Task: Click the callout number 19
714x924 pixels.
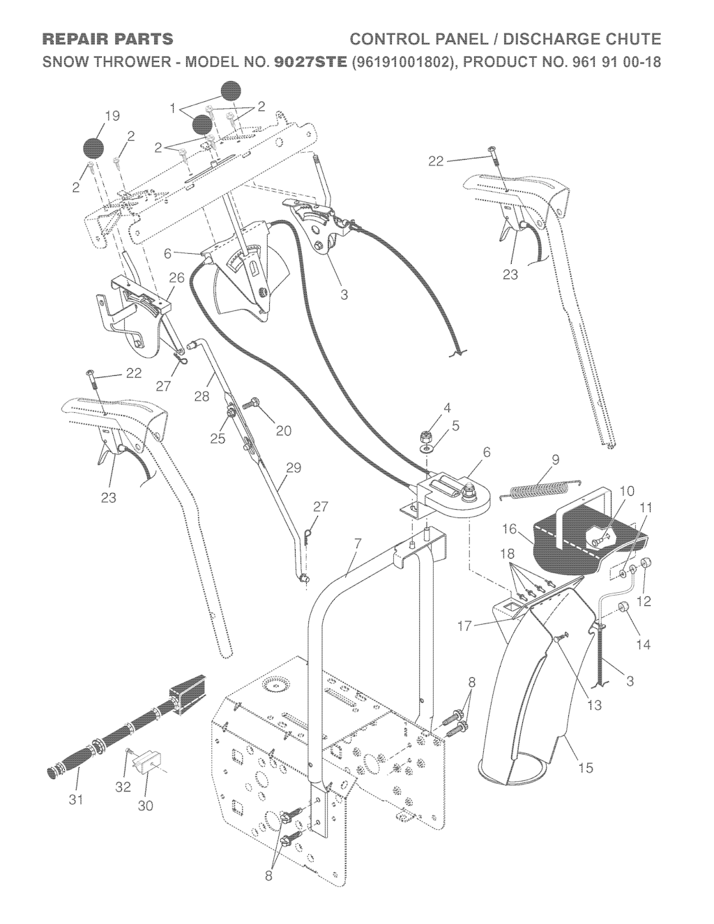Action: point(113,116)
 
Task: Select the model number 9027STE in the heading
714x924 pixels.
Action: point(311,62)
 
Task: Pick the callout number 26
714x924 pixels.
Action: point(177,278)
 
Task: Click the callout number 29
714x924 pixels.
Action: point(294,468)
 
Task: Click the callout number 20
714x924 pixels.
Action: point(284,431)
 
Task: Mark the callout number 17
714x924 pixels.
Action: point(465,626)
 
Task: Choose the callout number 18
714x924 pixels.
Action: point(508,554)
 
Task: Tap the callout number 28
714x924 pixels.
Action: point(202,396)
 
